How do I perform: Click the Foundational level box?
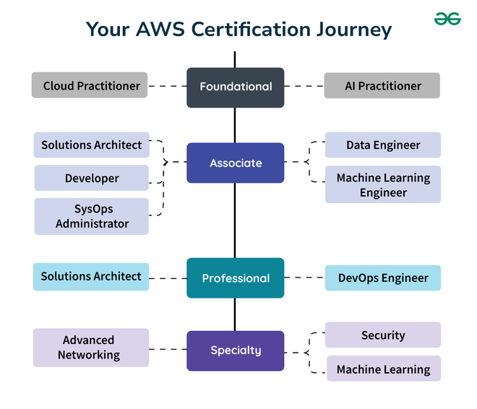point(235,87)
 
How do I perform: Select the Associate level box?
point(235,163)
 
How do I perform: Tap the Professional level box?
point(235,278)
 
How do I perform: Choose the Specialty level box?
point(235,350)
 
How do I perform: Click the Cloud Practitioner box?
point(90,85)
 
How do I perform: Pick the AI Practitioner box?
point(382,85)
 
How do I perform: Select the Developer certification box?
point(91,178)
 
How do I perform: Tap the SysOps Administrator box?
point(91,216)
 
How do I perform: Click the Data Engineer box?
point(382,145)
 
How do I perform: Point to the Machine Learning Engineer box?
point(382,185)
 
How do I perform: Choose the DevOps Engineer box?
point(382,277)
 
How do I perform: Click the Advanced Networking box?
point(90,348)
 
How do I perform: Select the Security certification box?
point(382,335)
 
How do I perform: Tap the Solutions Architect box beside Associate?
point(91,145)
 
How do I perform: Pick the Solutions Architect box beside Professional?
point(90,276)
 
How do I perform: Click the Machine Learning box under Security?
point(382,369)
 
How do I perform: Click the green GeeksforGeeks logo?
point(447,18)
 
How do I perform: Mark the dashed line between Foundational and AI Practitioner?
point(304,86)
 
